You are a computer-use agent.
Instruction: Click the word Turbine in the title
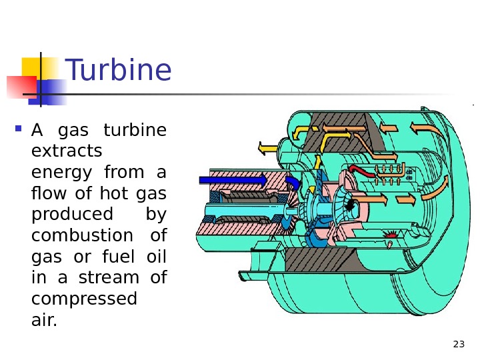coord(119,71)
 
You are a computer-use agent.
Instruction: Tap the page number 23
coord(458,344)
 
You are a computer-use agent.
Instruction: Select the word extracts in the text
coord(67,151)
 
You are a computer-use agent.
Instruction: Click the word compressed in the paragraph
coord(84,299)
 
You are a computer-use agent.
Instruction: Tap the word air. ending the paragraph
coord(45,321)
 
